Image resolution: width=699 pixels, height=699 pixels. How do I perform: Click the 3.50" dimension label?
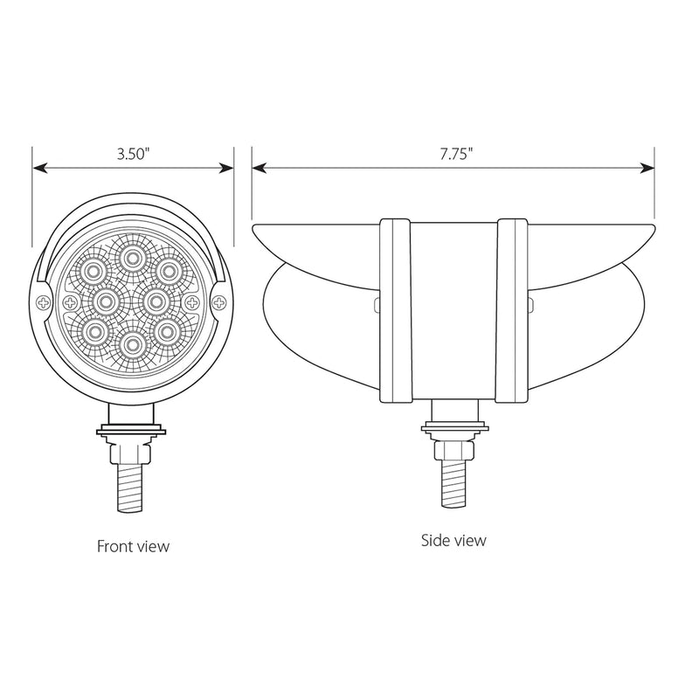[133, 154]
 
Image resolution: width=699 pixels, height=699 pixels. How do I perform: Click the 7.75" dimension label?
[455, 154]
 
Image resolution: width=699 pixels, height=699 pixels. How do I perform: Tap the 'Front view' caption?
[134, 546]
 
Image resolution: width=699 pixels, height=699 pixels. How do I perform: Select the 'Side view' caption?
[453, 540]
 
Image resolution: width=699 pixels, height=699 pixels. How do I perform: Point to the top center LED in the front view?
[131, 257]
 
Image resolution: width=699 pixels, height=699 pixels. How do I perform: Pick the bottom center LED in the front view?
[132, 343]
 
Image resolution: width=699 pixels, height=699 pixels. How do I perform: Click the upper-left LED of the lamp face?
[94, 270]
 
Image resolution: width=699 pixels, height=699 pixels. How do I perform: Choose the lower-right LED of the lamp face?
[167, 332]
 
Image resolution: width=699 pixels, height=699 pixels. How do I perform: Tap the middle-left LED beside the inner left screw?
[106, 301]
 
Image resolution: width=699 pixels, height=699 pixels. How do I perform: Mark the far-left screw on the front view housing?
[43, 302]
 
